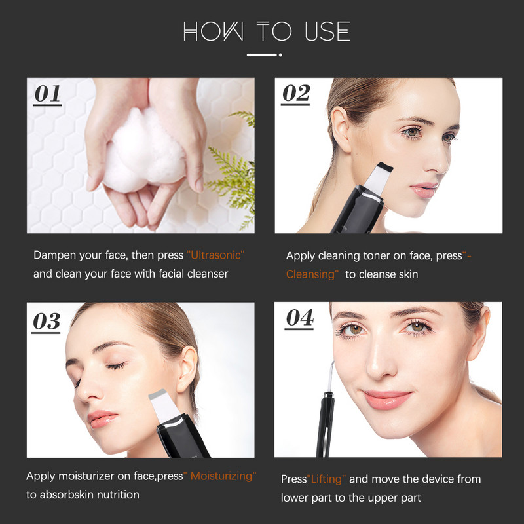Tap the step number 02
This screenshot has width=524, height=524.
point(296,93)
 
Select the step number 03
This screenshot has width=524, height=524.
point(47,321)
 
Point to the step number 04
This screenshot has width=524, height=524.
point(300,318)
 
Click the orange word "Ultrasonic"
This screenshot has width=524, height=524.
point(215,255)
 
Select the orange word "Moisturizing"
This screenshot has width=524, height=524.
point(221,476)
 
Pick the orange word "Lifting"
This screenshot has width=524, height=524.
point(326,479)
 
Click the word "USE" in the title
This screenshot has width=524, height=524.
point(327,31)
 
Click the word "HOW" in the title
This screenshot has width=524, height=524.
point(214,31)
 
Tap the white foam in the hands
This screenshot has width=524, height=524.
point(143,151)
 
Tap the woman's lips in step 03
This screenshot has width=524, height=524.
point(102,419)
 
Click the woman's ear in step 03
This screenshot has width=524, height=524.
point(187,369)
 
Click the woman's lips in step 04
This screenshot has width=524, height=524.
point(387,400)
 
